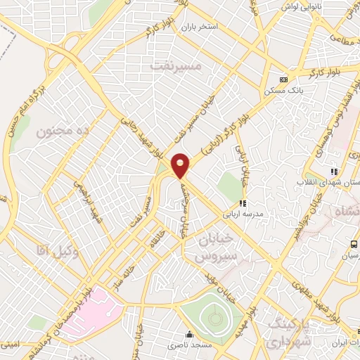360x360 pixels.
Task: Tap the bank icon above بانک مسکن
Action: pos(283,79)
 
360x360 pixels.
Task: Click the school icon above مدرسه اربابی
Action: pos(243,203)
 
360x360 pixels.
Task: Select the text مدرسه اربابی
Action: pos(241,214)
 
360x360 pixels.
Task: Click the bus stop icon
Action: pos(353,244)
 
